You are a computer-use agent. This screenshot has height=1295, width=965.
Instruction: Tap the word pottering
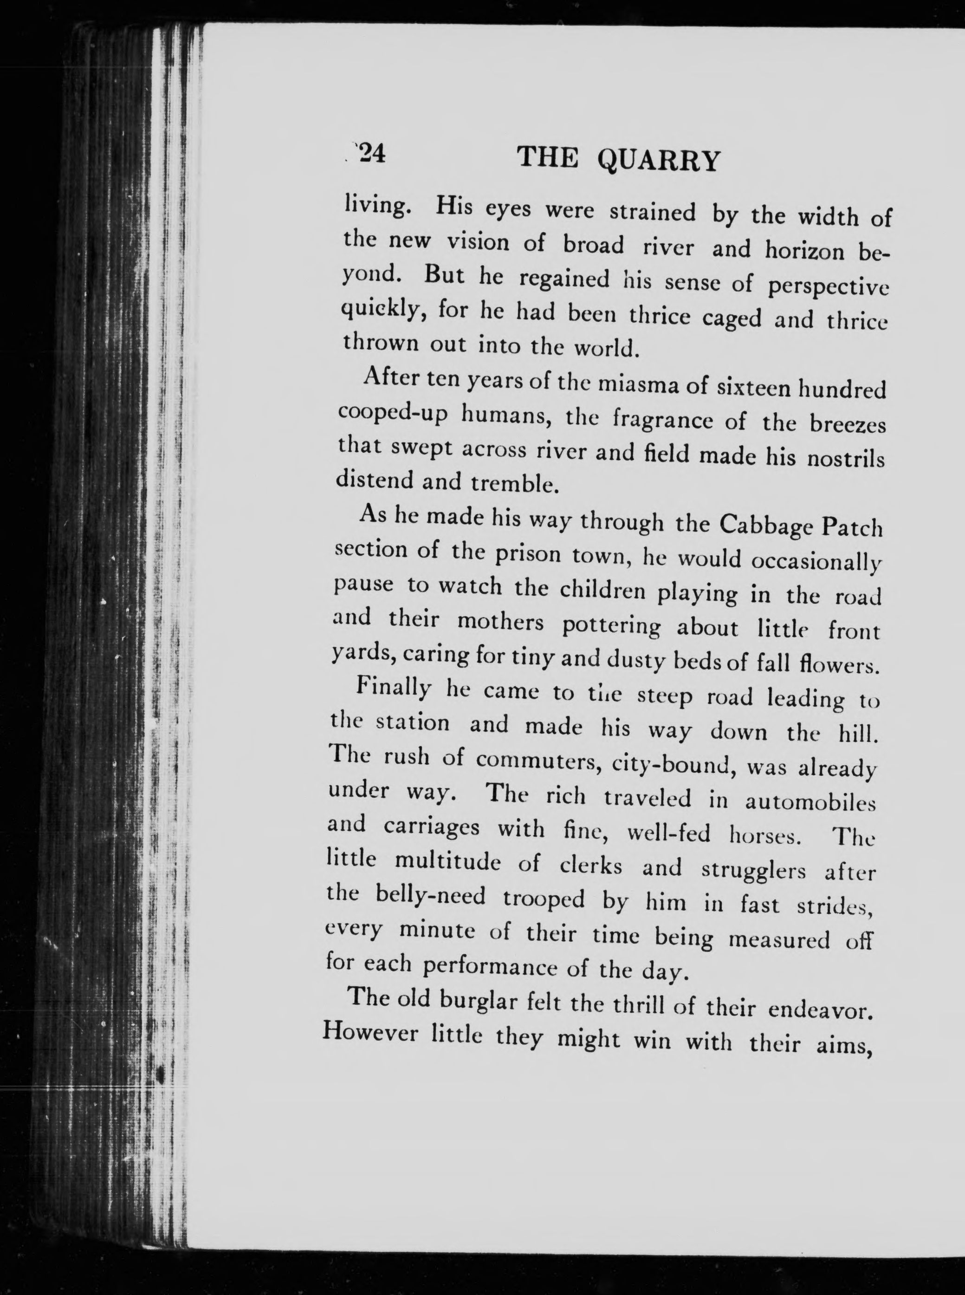(x=611, y=627)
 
